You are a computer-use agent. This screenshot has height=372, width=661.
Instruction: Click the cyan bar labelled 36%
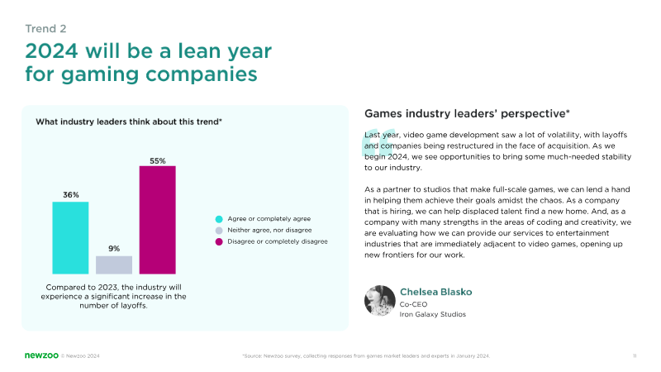(70, 237)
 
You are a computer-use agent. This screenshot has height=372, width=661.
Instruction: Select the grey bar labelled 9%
(114, 265)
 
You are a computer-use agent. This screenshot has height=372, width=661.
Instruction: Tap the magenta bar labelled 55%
(157, 220)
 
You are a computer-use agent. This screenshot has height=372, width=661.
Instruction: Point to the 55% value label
(158, 160)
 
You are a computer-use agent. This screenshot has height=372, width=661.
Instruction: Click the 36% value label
(70, 195)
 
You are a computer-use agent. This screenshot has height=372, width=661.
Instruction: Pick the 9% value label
(114, 248)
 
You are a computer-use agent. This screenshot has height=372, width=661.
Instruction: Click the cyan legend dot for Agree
(218, 218)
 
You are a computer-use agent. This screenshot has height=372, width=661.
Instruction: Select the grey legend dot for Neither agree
(218, 230)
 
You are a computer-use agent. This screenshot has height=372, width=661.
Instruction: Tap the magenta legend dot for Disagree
(218, 241)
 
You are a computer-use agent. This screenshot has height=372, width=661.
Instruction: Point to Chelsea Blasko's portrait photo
(378, 301)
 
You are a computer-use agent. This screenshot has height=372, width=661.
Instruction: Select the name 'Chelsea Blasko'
(436, 293)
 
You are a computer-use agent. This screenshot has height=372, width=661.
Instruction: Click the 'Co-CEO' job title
(413, 304)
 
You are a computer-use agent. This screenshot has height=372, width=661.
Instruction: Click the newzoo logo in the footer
(40, 355)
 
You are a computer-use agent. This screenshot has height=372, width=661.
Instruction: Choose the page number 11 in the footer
(634, 355)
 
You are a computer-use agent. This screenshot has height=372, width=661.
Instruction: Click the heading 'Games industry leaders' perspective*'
(467, 113)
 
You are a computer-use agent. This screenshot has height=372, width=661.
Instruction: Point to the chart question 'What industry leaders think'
(128, 122)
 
